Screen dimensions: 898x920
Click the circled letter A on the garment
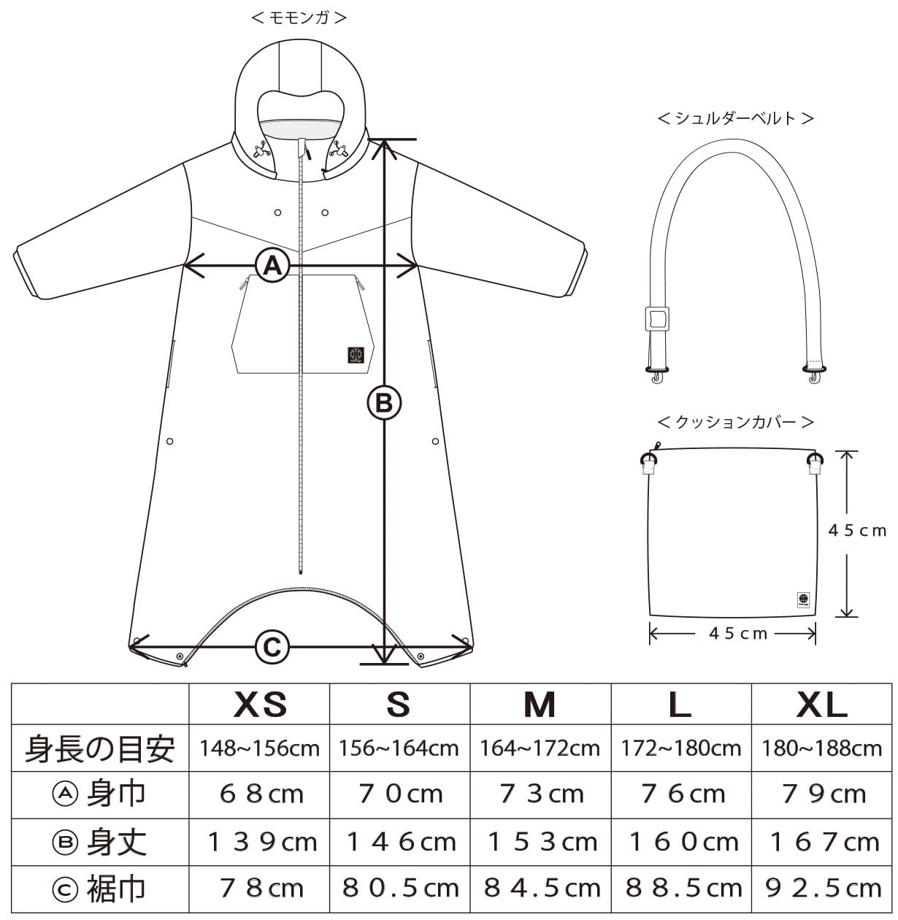pos(272,265)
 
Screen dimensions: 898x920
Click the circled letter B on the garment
pos(384,402)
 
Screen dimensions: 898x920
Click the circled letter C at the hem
pos(272,646)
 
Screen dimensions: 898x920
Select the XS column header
pos(260,705)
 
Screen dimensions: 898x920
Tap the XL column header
pos(821,705)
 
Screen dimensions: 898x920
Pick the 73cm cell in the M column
pos(541,794)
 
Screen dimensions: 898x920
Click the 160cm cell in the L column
pos(682,842)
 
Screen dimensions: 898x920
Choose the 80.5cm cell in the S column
pos(400,889)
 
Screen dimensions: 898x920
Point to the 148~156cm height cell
pos(260,748)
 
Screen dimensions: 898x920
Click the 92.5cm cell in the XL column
pos(823,889)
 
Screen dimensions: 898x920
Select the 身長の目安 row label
pos(100,748)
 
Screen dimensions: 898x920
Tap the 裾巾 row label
pos(100,889)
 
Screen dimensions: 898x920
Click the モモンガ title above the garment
pos(299,18)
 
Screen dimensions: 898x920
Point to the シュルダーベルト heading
pos(735,118)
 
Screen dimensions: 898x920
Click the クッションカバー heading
pos(735,422)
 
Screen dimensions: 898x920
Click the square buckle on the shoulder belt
pos(656,318)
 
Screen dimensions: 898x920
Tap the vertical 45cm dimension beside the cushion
pos(857,531)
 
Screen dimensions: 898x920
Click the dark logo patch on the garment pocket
pos(356,354)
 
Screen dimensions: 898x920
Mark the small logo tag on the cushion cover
pos(803,599)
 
